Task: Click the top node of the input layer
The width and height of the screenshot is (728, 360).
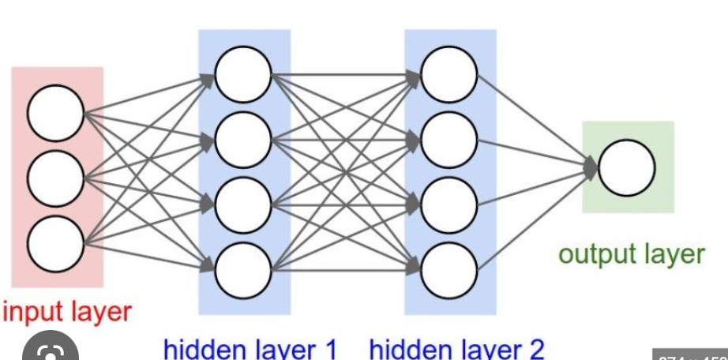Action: pos(55,113)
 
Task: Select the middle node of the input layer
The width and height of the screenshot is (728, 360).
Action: pos(55,175)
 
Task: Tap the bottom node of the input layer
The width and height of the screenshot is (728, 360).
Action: pos(55,238)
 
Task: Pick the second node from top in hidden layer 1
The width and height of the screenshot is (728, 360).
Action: pos(242,141)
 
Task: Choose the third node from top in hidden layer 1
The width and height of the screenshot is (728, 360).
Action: pos(242,205)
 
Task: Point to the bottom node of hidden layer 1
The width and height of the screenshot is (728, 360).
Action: pos(242,271)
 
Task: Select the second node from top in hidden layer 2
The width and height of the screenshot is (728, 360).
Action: pos(448,141)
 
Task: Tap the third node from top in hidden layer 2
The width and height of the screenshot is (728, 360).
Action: pos(448,205)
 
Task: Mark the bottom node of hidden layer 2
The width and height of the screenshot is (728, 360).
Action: pos(448,271)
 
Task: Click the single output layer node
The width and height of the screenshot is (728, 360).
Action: pos(626,167)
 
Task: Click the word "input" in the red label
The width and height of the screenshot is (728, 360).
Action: pos(31,311)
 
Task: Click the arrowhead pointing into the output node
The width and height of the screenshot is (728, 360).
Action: pos(591,167)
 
